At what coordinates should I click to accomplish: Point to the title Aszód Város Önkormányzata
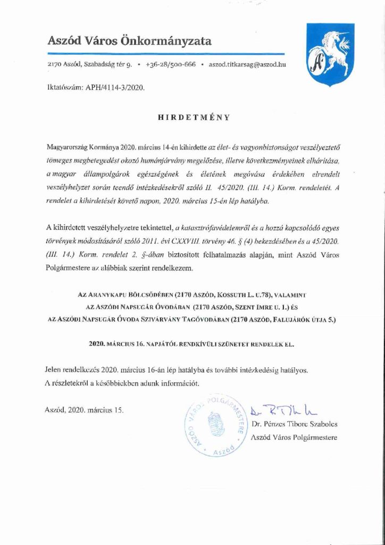point(130,40)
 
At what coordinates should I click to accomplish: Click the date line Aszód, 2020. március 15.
point(85,410)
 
